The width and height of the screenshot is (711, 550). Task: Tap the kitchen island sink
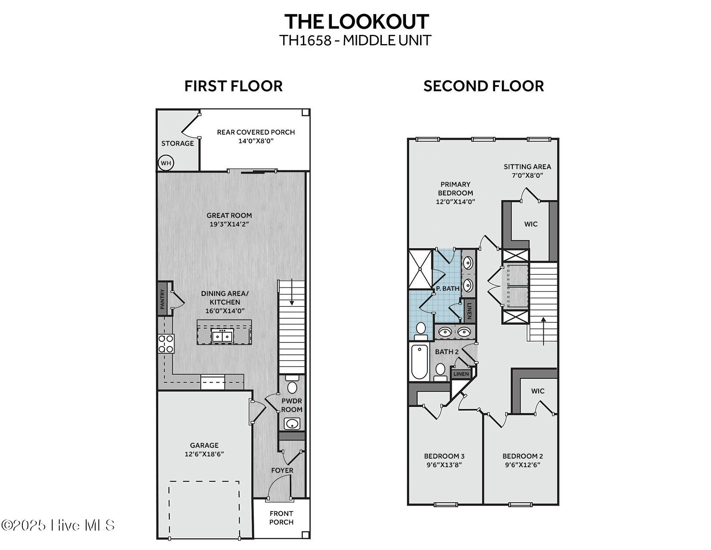click(222, 336)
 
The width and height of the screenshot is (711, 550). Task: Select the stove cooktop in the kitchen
click(166, 344)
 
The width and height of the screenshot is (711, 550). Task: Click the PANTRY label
click(162, 299)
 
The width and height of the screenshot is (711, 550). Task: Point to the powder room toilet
click(292, 386)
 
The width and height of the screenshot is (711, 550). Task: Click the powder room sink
click(292, 424)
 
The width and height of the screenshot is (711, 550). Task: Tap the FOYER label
click(282, 470)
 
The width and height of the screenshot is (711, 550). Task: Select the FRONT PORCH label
click(281, 518)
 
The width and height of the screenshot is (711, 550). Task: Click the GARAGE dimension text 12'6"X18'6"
click(204, 454)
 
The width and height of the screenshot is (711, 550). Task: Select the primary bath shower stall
click(420, 269)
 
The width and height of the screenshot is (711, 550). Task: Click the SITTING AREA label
click(527, 167)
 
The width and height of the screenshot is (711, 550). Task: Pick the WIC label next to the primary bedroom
click(531, 224)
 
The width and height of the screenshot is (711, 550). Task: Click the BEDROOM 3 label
click(444, 456)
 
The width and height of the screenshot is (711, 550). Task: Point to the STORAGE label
click(178, 143)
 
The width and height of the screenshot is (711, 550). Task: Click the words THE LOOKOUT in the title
click(356, 22)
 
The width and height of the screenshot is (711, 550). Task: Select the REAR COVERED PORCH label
click(256, 132)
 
